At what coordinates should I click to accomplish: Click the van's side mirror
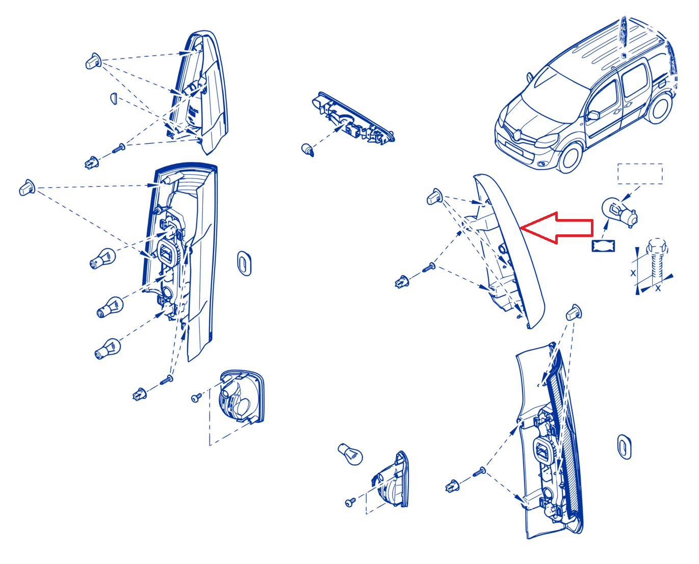pyautogui.click(x=593, y=115)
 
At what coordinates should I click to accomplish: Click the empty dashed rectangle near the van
pyautogui.click(x=639, y=173)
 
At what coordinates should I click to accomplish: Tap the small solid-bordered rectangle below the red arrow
pyautogui.click(x=603, y=246)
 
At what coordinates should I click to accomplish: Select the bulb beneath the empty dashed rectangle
pyautogui.click(x=618, y=211)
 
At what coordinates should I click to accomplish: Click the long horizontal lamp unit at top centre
pyautogui.click(x=353, y=118)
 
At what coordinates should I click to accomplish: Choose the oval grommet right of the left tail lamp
pyautogui.click(x=244, y=263)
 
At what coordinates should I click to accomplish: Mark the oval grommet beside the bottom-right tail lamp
pyautogui.click(x=624, y=447)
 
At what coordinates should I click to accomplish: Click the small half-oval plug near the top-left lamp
pyautogui.click(x=114, y=98)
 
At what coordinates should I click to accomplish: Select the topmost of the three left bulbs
pyautogui.click(x=102, y=258)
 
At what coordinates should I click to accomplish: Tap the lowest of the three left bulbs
pyautogui.click(x=107, y=349)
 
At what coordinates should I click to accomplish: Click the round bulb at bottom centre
pyautogui.click(x=350, y=454)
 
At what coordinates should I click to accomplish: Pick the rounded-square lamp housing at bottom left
pyautogui.click(x=242, y=397)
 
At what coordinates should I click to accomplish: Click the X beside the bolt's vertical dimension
pyautogui.click(x=633, y=273)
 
